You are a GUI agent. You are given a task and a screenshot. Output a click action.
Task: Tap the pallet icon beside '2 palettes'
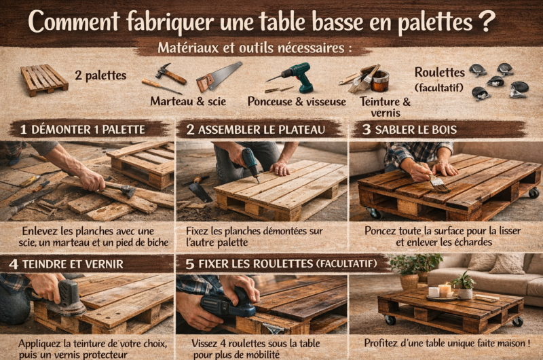pos(44,79)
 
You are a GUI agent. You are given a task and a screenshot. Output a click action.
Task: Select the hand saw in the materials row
pos(219,76)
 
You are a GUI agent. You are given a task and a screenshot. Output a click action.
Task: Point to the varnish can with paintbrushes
pos(372,79)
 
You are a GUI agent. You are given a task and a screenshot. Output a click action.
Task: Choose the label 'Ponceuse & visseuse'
pos(306,102)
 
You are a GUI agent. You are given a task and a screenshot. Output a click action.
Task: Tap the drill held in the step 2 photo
pos(250,163)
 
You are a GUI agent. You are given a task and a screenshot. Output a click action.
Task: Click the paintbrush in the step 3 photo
pos(437,182)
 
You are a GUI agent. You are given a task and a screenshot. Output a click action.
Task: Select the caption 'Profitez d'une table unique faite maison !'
pos(447,344)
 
